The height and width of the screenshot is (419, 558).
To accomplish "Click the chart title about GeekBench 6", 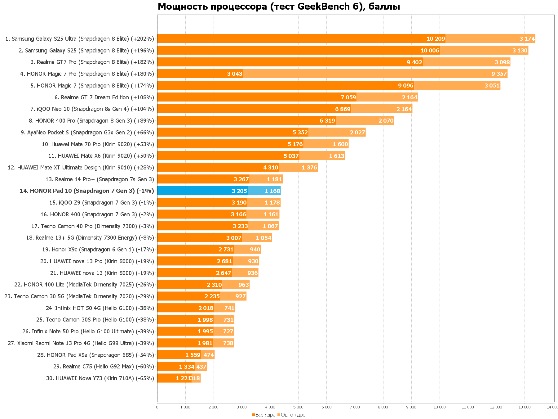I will [279, 7].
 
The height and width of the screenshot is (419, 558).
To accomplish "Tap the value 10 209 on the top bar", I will [436, 39].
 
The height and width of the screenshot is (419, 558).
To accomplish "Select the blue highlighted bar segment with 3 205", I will [202, 191].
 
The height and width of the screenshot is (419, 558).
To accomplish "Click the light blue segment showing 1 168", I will [264, 191].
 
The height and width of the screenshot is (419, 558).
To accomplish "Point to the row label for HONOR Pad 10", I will [87, 191].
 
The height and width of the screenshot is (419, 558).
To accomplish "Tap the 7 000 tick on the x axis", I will [355, 407].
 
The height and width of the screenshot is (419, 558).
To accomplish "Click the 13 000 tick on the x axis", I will [524, 407].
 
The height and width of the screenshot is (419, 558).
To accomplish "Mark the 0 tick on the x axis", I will [157, 407].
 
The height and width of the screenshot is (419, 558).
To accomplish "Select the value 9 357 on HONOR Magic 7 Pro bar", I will [499, 74].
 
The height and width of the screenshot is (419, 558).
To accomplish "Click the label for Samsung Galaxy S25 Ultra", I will [80, 39].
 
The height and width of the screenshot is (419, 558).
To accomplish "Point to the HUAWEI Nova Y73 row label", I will [100, 378].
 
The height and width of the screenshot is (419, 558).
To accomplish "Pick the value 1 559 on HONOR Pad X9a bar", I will [193, 355].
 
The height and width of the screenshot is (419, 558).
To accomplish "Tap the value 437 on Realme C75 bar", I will [201, 367].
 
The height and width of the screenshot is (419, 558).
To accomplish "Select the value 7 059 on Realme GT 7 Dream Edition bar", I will [348, 97].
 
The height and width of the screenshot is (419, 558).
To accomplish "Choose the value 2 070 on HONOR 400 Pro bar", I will [386, 121].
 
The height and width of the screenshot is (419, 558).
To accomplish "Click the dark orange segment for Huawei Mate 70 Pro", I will [230, 144].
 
